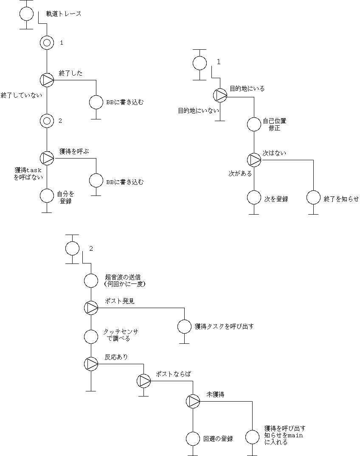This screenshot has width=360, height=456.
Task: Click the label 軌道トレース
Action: point(64,14)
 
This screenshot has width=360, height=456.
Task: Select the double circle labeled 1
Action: point(47,42)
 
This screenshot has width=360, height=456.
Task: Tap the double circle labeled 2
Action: point(47,121)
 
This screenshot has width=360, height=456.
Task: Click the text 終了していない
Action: point(21,95)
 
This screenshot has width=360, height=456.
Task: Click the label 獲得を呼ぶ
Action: point(74,151)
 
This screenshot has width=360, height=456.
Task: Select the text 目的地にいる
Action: point(247,88)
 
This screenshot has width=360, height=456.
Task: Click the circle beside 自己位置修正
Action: point(254,124)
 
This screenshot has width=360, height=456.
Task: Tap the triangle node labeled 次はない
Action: point(254,160)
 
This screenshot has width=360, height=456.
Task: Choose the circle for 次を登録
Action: point(254,198)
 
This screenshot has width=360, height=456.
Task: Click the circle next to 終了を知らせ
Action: point(313,198)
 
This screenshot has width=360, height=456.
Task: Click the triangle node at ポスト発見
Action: point(91,307)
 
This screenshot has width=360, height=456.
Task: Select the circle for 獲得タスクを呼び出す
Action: point(184,326)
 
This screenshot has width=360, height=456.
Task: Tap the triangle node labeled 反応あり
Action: point(91,363)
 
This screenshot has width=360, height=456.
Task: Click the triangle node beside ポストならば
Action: point(143,380)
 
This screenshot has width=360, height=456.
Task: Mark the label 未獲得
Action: point(215,394)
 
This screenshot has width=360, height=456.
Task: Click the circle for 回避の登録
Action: point(193,439)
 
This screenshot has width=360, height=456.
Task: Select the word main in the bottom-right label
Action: point(297,435)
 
